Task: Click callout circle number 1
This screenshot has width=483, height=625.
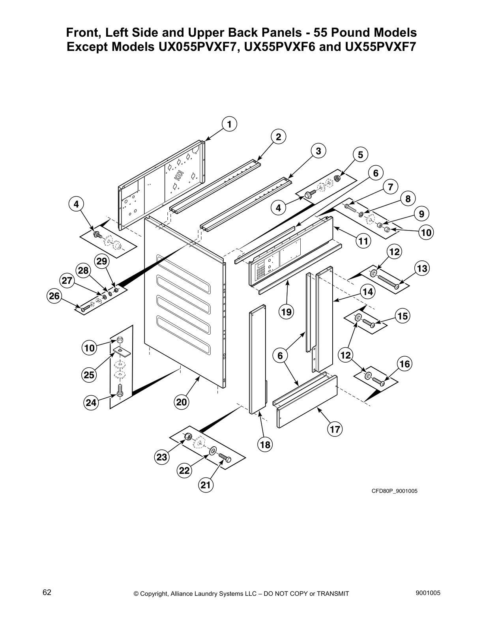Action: [229, 124]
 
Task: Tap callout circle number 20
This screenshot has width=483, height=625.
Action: [182, 402]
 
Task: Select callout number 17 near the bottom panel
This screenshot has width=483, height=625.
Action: [335, 429]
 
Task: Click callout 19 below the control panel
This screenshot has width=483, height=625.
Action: [286, 312]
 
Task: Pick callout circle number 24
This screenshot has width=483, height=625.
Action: [91, 402]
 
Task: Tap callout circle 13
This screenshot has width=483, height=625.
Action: [422, 269]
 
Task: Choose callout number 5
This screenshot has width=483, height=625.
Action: [360, 155]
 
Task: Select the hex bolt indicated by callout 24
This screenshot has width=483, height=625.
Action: [120, 390]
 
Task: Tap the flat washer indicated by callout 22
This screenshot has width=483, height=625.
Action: [213, 450]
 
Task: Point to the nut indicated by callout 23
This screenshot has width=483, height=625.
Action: [188, 437]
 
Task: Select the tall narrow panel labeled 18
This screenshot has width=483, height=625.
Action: [258, 359]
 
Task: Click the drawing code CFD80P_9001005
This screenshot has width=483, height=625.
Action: [394, 491]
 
